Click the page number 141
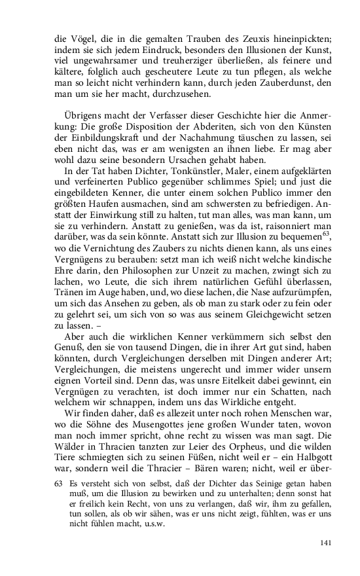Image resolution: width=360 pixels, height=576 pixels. tap(325, 543)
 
